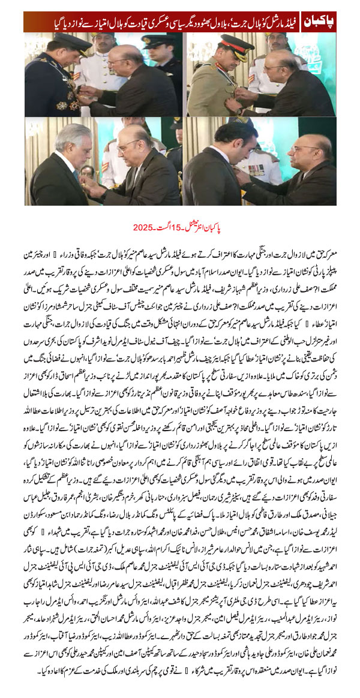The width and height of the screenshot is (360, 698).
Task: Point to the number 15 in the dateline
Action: pyautogui.click(x=178, y=227)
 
